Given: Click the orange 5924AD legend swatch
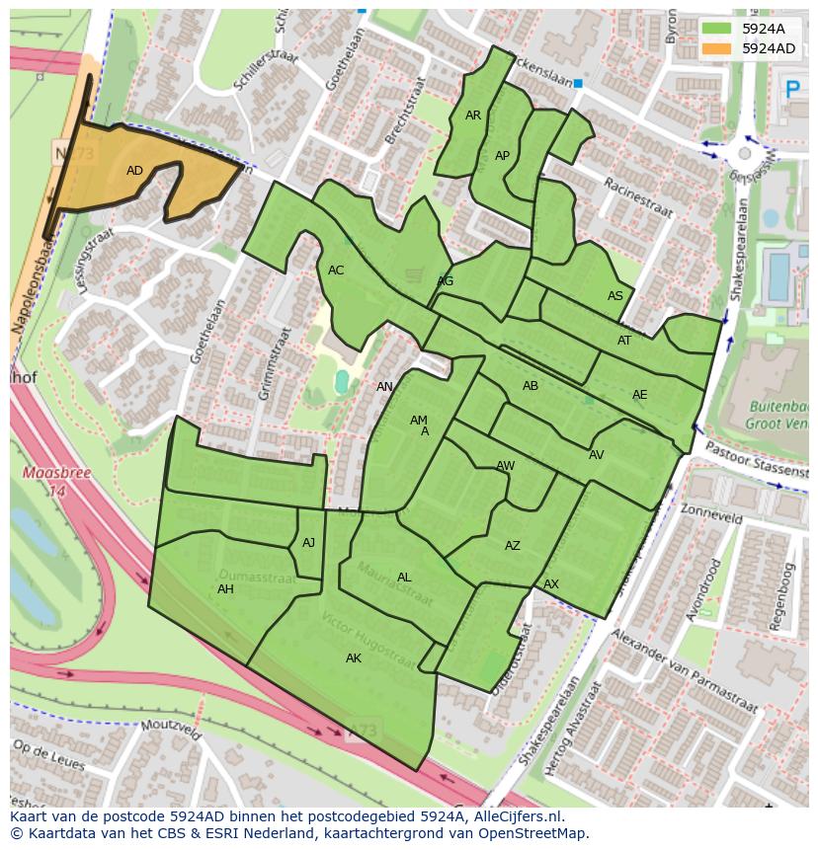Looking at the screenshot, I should coord(718,48).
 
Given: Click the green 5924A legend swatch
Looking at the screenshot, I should coord(718,29).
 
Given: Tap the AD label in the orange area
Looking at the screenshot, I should coord(134,171).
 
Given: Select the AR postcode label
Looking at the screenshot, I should coord(473,116).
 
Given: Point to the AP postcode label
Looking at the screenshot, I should coord(502,156).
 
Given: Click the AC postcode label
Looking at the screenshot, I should coord(336,270).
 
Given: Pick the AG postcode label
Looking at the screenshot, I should coord(446,281).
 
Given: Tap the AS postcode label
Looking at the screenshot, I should coord(615,296).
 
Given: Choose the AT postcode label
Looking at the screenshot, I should coord(624,341).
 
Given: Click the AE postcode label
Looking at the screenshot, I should coord(640,395).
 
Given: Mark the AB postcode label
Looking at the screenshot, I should coord(531,386).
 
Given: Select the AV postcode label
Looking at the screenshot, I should coord(596,455).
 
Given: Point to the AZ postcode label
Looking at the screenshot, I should coord(512,546).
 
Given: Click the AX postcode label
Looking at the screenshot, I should coord(551,584).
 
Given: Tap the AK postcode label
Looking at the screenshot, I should coord(354,658).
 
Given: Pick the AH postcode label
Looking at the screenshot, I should coord(225,589).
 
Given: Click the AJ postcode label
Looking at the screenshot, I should coord(308,543).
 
